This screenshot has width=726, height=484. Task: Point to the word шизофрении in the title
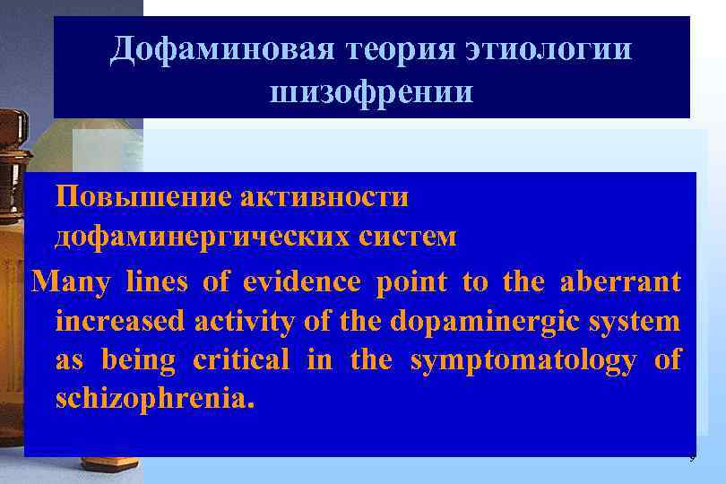[x=371, y=91]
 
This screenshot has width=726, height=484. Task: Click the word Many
[x=71, y=282]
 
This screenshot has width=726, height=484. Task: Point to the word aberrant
[x=620, y=282]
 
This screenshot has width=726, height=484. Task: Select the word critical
[x=241, y=360]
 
